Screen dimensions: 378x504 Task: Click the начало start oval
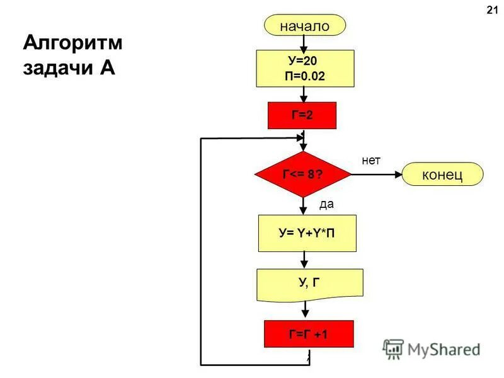305,26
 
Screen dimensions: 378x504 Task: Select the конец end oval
442,174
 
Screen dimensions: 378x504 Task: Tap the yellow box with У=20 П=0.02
305,69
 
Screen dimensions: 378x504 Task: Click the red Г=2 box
302,115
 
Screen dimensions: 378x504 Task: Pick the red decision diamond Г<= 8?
303,174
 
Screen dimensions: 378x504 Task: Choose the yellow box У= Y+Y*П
307,233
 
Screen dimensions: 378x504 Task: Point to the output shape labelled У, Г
309,283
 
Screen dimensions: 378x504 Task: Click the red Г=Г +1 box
308,334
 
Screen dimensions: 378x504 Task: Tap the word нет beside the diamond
371,161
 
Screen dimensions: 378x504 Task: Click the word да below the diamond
326,204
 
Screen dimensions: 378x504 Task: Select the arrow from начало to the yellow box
304,43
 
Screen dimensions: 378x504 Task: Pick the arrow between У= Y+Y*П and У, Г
305,260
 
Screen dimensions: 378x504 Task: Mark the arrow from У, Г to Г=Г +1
306,310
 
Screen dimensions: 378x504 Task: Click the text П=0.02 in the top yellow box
305,76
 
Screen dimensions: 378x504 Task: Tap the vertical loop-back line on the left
201,252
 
